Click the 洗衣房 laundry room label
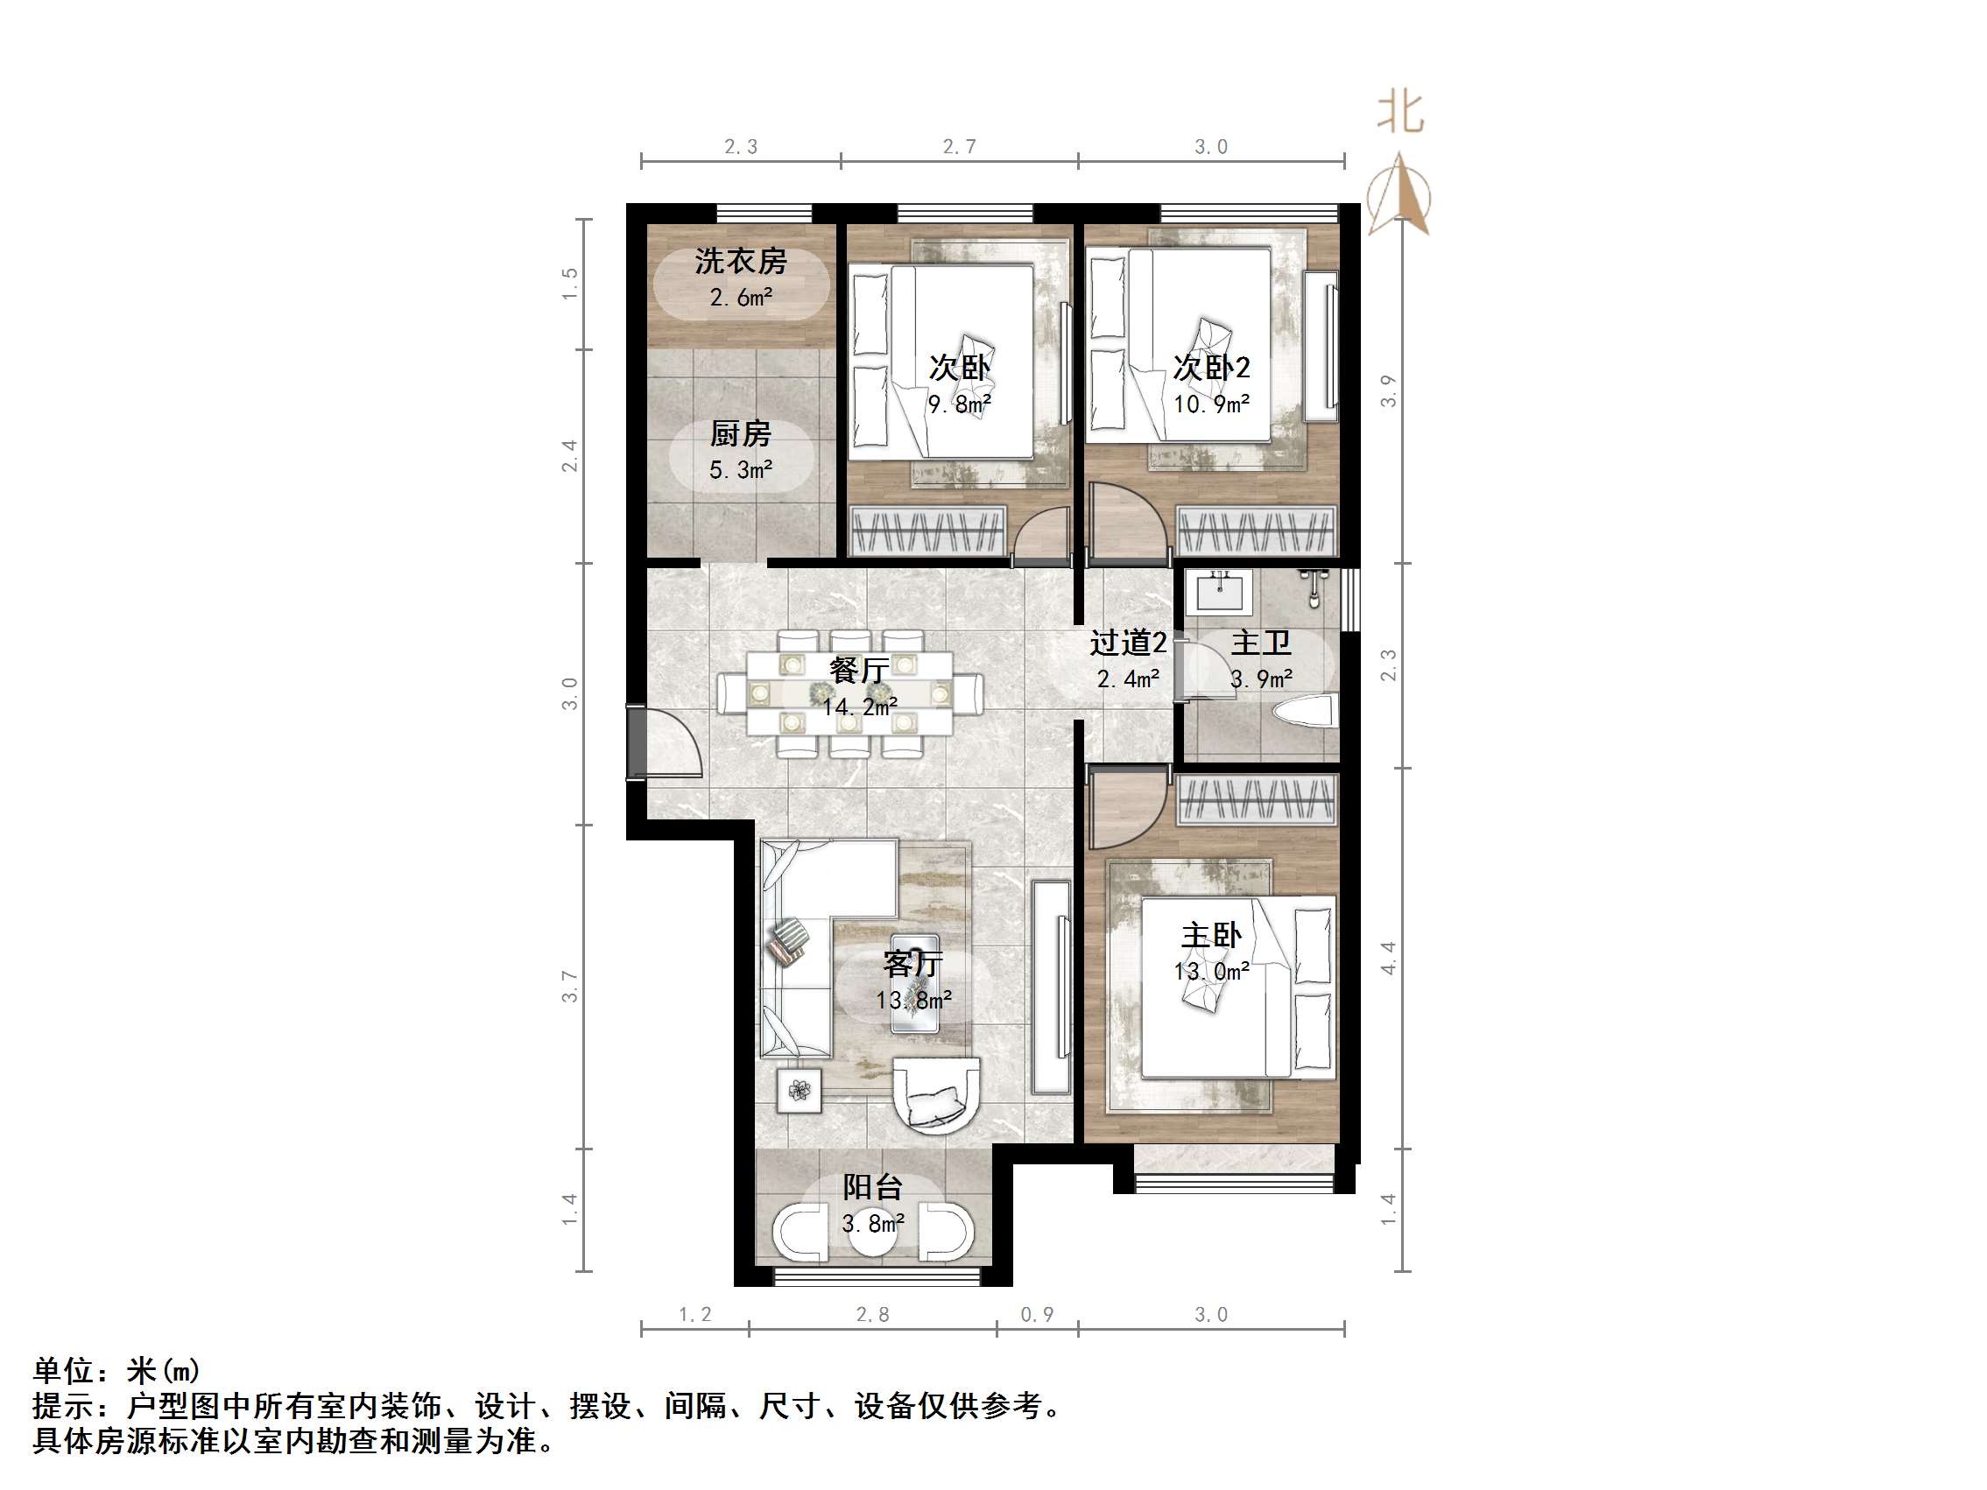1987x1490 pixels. coord(740,262)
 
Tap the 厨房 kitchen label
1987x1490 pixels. coord(740,434)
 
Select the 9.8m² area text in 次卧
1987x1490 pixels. coord(960,404)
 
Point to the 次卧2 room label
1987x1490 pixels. coord(1211,367)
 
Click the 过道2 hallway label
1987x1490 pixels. coord(1127,643)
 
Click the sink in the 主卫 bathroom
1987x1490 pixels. coord(1218,591)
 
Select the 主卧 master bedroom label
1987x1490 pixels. coord(1211,935)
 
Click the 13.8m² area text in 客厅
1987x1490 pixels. coord(913,1000)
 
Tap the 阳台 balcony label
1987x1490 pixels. coord(872,1187)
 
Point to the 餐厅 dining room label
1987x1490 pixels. coord(859,669)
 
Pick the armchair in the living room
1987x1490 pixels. coord(935,1095)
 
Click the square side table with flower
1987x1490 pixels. coord(800,1090)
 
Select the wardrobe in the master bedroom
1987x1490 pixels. coord(1258,799)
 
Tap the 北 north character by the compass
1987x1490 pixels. coord(1400,112)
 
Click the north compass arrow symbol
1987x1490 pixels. coord(1399,196)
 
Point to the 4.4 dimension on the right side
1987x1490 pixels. coord(1388,958)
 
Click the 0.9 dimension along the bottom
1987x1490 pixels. coord(1037,1315)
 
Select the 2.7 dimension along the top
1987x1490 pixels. coord(960,146)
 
